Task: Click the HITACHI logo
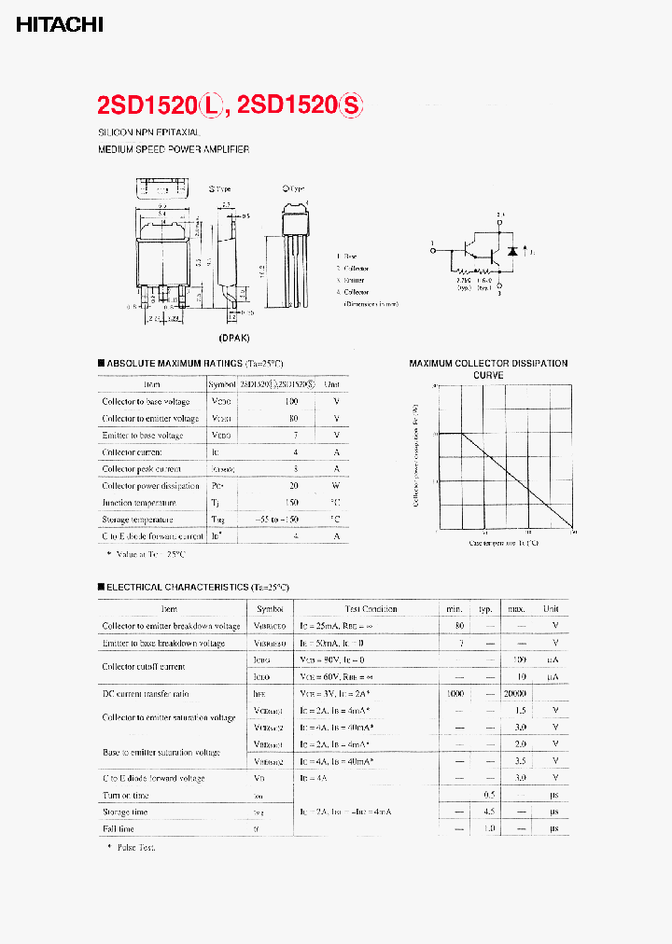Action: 59,25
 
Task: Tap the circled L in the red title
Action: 212,106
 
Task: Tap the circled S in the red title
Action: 350,106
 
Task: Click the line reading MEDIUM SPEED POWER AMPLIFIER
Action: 174,149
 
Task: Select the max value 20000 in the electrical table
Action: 515,694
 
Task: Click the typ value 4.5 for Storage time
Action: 487,812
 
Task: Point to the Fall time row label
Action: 119,828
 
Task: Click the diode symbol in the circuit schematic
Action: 511,252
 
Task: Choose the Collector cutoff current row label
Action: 143,667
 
